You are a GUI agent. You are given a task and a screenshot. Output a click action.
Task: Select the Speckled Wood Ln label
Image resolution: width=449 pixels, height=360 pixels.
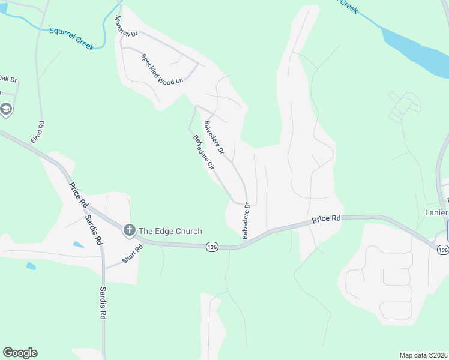click(161, 69)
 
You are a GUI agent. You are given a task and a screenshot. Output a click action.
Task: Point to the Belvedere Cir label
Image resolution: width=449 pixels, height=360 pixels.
click(203, 153)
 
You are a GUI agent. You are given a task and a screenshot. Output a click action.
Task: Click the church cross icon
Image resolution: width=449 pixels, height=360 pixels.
click(129, 230)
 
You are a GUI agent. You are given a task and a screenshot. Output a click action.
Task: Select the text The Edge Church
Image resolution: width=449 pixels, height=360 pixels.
click(170, 231)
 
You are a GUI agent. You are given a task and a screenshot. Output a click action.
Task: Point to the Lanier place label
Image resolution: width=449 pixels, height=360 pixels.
click(436, 212)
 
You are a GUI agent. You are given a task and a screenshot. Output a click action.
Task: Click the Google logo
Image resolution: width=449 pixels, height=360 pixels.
click(20, 353)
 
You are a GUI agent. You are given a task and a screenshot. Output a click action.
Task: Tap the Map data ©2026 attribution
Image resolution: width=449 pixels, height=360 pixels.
click(423, 355)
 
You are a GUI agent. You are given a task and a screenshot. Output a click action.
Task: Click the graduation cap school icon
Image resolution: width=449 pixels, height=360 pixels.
click(6, 110)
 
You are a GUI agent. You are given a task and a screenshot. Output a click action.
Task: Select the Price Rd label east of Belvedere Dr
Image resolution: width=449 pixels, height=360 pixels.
click(326, 220)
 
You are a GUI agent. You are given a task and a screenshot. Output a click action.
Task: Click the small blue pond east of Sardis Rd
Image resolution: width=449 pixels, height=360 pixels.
click(77, 245)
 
